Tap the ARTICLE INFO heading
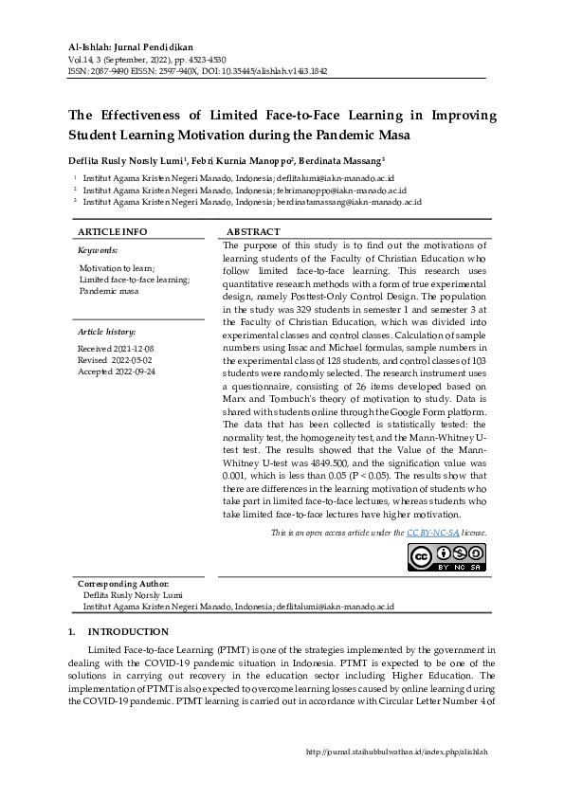pyautogui.click(x=112, y=232)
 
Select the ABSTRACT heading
pyautogui.click(x=253, y=232)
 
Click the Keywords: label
pyautogui.click(x=98, y=251)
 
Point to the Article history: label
pyautogui.click(x=106, y=332)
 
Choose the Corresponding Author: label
pyautogui.click(x=123, y=584)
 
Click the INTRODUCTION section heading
pyautogui.click(x=128, y=632)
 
